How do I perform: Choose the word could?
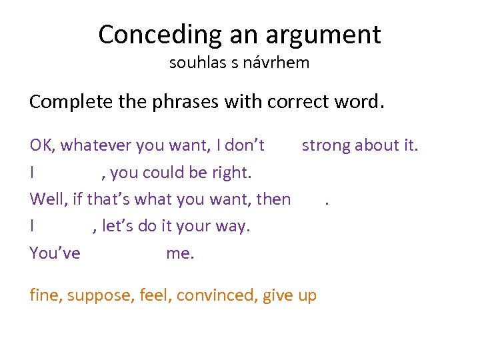155,173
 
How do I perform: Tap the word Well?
46,199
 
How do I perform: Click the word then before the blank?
273,199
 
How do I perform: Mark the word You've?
55,253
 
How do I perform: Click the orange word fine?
44,295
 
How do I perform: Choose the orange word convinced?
213,295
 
